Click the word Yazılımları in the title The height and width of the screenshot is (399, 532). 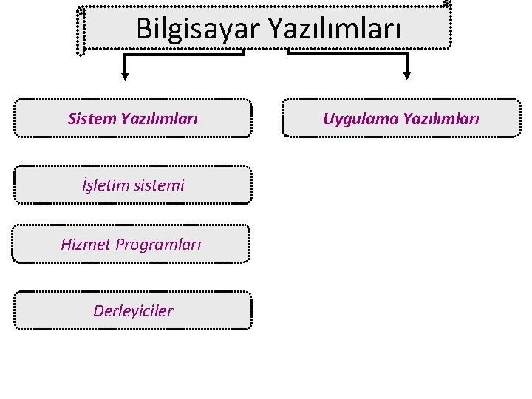(x=333, y=29)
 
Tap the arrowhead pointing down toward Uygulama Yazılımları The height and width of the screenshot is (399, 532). (x=405, y=73)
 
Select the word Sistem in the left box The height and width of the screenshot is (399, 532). (x=87, y=118)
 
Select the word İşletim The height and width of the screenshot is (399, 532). (x=104, y=185)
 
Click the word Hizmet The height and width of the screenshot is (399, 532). (x=85, y=244)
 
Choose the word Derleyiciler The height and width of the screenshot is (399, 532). (x=133, y=310)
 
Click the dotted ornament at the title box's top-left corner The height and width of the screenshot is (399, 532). (x=81, y=11)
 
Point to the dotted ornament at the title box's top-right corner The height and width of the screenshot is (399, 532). (x=446, y=4)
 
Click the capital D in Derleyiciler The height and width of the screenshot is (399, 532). (x=98, y=310)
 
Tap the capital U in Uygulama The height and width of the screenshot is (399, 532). (x=328, y=118)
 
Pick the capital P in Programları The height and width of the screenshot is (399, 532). (x=120, y=244)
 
